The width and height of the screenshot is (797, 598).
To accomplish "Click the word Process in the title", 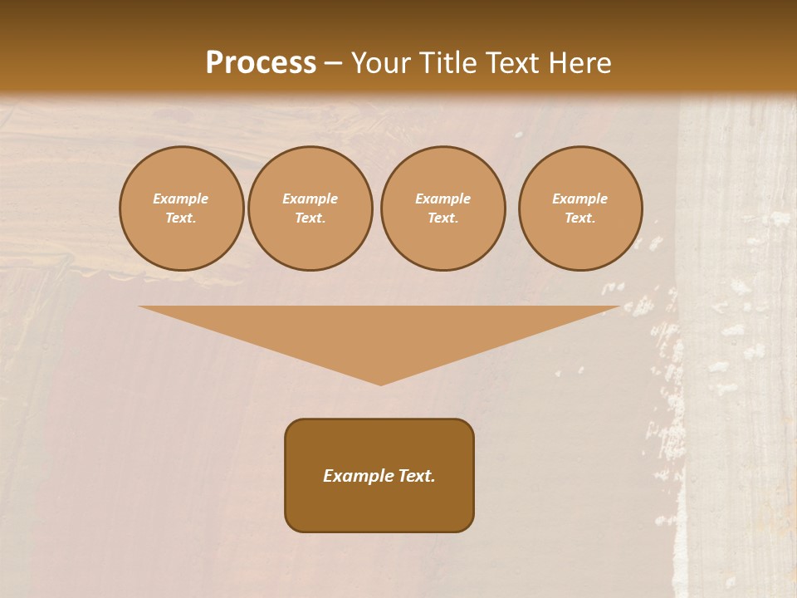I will [x=261, y=62].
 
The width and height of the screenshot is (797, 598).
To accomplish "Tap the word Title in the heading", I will [x=446, y=62].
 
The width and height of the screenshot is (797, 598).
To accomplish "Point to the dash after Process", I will [x=333, y=63].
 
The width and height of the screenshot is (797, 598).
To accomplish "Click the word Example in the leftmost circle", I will [x=181, y=199].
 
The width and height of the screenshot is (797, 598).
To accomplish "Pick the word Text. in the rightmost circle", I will [x=579, y=218].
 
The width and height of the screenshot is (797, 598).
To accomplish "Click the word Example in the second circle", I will [x=310, y=199].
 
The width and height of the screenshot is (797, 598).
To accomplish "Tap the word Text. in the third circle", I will [x=443, y=218].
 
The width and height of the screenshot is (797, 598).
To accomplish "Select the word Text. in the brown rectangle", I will [x=415, y=476].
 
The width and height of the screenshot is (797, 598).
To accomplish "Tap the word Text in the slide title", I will [x=511, y=62].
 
